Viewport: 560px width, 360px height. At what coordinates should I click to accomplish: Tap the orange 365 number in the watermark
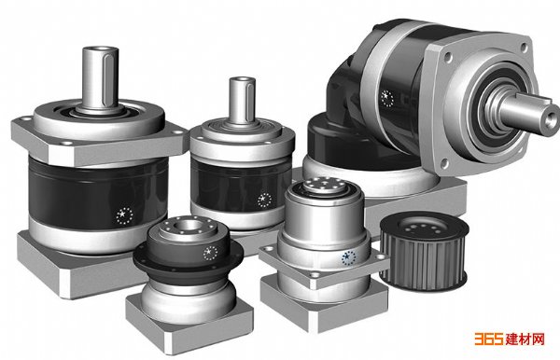coord(488,339)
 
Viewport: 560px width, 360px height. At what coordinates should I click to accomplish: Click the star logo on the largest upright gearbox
coord(124,215)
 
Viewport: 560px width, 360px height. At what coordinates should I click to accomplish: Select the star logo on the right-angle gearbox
coord(386,98)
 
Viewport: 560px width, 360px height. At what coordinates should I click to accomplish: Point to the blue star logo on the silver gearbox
coord(348,257)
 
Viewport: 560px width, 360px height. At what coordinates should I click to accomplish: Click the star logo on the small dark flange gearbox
coord(210,253)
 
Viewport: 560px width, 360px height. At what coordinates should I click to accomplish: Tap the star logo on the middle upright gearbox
coord(264,200)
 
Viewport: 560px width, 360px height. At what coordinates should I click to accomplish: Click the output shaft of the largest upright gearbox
coord(101,77)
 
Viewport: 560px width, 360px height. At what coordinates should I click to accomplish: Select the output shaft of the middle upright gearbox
coord(242,100)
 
